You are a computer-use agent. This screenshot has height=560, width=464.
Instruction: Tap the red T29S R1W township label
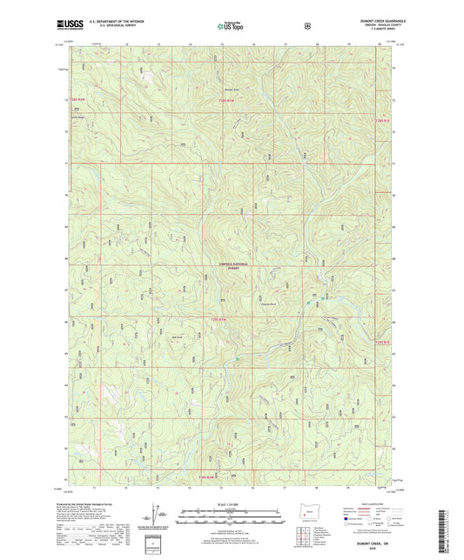tap(219, 322)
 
